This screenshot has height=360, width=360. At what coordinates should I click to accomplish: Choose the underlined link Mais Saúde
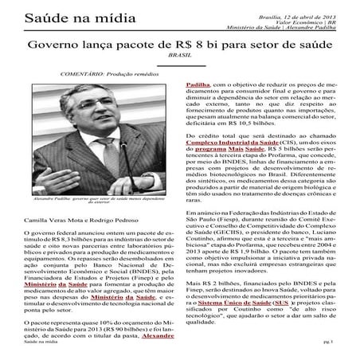252,170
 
